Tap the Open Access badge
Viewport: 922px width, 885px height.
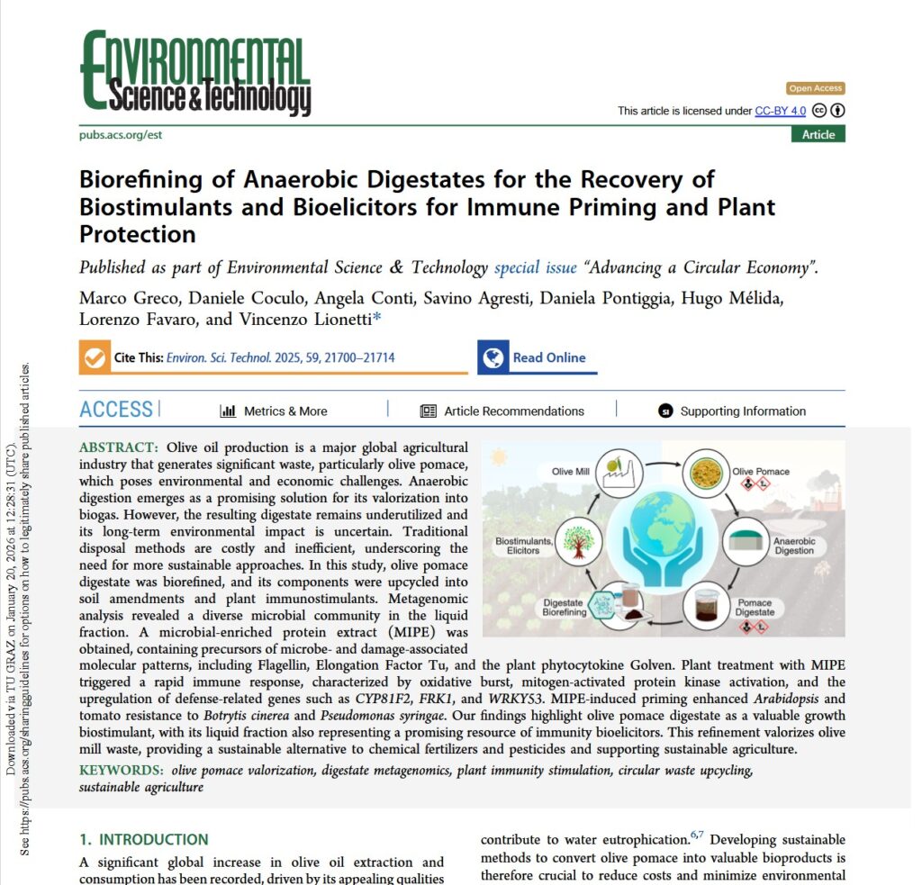(815, 88)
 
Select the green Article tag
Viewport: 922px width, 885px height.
(818, 134)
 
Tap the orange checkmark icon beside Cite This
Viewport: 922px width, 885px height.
(93, 357)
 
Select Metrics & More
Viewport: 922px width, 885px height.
(274, 411)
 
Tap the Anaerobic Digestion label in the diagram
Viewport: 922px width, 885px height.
(794, 546)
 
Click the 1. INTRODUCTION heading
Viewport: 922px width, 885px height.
(143, 839)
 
